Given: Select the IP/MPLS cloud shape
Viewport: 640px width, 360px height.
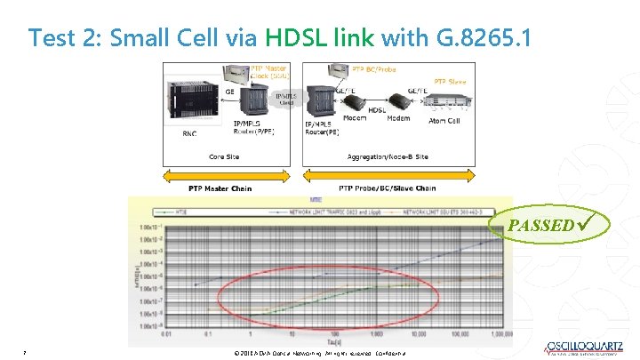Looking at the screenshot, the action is [x=285, y=99].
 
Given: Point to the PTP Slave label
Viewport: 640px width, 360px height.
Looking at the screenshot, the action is [x=450, y=82].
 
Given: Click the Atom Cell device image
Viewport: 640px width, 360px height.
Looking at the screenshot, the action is [x=445, y=102].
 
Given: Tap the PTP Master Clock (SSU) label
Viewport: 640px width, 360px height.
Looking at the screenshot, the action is [x=272, y=70].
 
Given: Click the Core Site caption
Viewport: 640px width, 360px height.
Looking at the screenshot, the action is [x=224, y=156].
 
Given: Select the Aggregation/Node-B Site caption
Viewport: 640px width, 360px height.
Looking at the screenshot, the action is [x=388, y=156].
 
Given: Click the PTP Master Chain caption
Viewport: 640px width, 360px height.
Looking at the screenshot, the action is [x=220, y=188].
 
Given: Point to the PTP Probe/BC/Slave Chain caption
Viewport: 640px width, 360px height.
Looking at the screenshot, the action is [x=388, y=188].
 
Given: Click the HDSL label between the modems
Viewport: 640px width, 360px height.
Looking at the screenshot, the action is [x=377, y=110].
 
